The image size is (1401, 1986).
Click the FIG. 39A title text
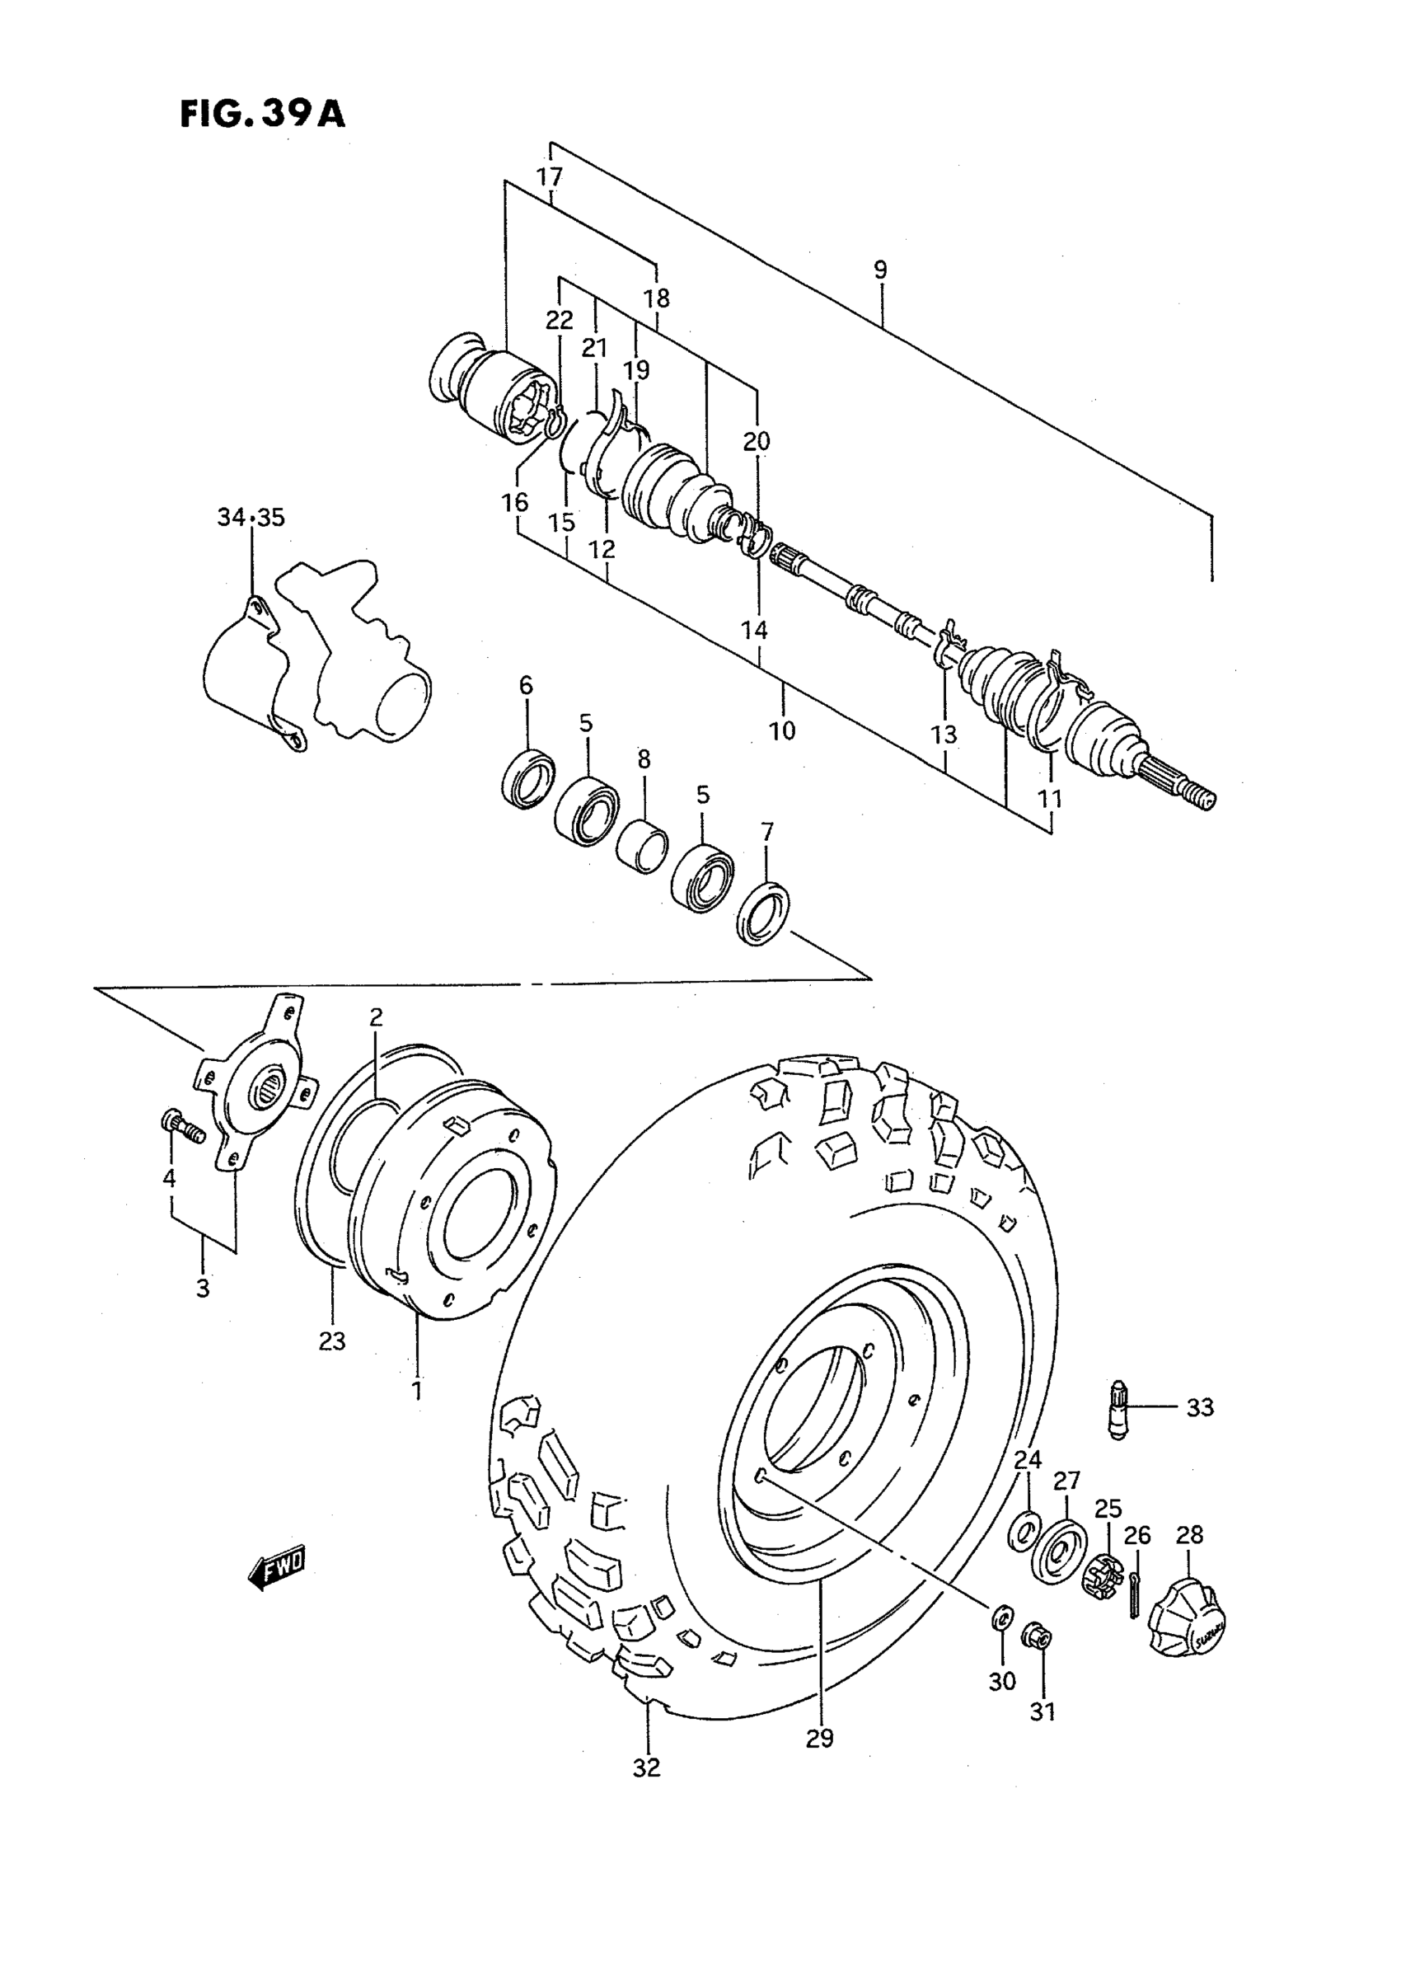[262, 114]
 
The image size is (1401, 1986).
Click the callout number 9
[879, 270]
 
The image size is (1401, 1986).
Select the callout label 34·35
[251, 518]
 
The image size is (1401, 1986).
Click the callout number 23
[331, 1341]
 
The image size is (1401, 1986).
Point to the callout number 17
[549, 177]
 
